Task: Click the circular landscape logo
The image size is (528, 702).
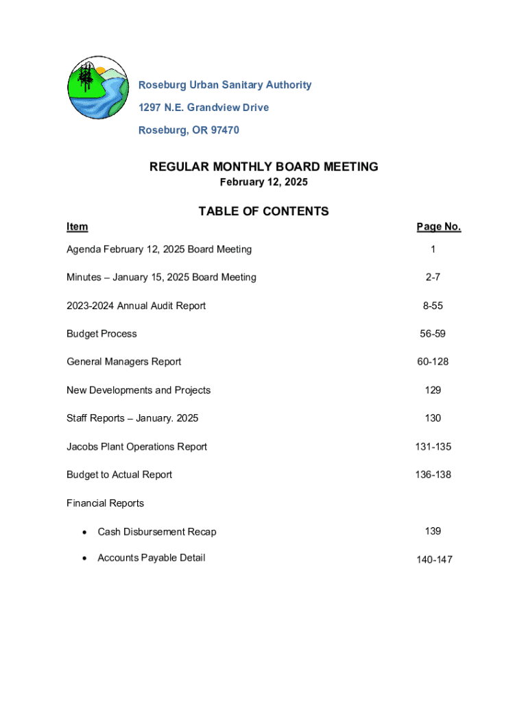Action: (97, 88)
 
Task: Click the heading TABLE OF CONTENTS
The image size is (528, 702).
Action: (263, 211)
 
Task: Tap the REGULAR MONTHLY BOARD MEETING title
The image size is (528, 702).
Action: (263, 167)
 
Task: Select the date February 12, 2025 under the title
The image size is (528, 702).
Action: (263, 182)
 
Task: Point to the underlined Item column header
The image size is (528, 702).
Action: (77, 227)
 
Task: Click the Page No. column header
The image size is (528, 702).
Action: (438, 227)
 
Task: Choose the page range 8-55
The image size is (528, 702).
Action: (433, 306)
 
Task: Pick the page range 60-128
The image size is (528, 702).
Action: (433, 361)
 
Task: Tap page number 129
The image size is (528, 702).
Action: (433, 390)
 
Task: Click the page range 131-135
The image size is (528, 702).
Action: (433, 446)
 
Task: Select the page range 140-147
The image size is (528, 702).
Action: (434, 559)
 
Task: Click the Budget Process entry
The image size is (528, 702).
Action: (101, 334)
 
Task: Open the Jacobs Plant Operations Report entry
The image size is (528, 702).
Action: (136, 446)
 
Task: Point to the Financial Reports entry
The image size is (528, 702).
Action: (105, 503)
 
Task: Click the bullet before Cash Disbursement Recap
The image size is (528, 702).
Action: (84, 532)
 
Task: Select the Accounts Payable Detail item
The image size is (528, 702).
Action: (151, 557)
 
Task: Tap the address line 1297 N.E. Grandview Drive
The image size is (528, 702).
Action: (204, 108)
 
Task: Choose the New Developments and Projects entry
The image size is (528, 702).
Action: (139, 390)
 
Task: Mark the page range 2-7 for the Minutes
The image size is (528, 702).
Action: (433, 278)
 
